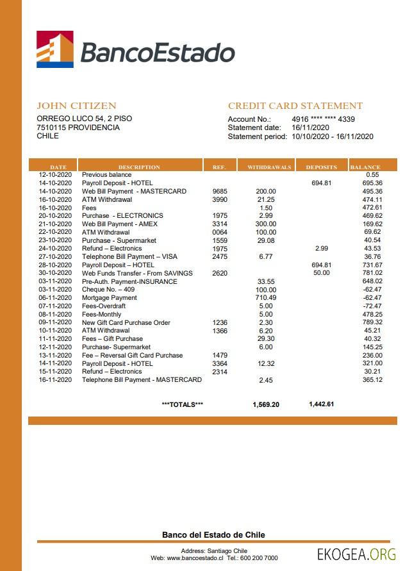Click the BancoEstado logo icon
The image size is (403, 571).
point(54,49)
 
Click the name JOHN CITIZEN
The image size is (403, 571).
point(76,106)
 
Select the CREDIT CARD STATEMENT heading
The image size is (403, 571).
point(295,106)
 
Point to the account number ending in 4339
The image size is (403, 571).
point(323,119)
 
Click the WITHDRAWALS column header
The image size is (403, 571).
point(269,167)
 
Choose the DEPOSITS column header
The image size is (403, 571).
point(321,167)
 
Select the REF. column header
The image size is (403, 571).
point(219,167)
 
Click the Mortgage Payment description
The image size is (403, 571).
point(110,297)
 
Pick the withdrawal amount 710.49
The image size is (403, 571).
point(265,297)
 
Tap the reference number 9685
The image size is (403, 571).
point(219,191)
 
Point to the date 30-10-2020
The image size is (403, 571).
point(55,273)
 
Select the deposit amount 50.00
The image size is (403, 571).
point(321,273)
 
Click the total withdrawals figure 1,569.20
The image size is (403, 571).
point(266,404)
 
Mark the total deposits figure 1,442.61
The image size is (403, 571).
point(321,404)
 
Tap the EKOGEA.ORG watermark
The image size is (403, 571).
point(357,554)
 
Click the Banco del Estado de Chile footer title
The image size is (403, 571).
point(213,535)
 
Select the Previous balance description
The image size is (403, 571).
point(106,174)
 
